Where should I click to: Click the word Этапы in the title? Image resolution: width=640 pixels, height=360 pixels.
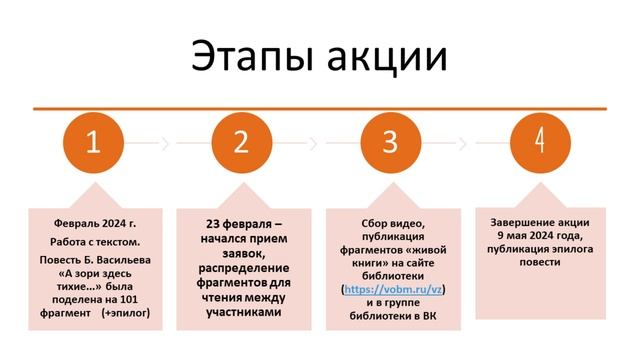coord(250,56)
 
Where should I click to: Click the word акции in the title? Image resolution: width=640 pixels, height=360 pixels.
coord(386,56)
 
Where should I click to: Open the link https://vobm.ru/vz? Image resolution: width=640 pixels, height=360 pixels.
coord(394,289)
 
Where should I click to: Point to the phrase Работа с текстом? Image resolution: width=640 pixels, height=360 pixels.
coord(93,242)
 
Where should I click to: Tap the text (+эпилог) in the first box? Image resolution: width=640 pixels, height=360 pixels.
coord(124,298)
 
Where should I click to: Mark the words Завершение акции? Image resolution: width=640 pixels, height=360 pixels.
coord(539,222)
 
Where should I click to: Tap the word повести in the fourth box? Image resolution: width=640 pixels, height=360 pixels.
coord(539,262)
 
